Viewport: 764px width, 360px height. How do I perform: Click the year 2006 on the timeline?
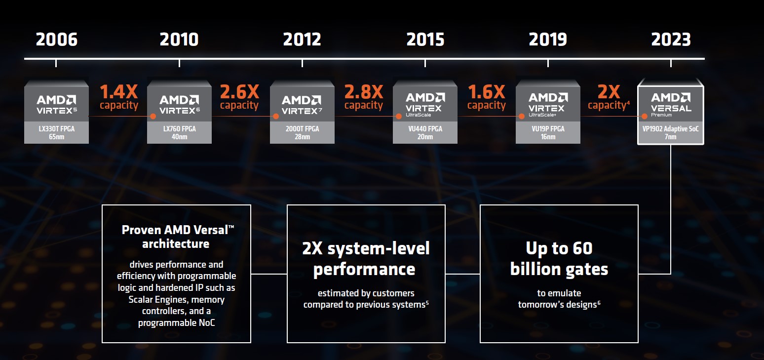pos(56,40)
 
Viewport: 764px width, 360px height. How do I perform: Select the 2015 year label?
pos(425,40)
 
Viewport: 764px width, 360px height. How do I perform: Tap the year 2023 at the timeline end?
pos(671,40)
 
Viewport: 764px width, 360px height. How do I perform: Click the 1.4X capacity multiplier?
pos(119,91)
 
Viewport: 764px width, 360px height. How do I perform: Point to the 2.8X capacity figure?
pos(364,91)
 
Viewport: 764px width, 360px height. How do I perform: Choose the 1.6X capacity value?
pos(487,91)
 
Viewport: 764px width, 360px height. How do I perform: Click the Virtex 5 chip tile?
pos(56,101)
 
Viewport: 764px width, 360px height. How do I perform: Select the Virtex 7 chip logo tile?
pos(302,101)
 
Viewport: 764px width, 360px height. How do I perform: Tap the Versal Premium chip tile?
pos(671,101)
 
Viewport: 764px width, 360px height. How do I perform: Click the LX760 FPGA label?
pos(179,129)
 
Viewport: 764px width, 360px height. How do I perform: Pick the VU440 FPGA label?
pos(425,129)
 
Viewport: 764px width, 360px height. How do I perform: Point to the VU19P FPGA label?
pos(548,129)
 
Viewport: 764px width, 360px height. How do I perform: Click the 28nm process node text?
pos(302,137)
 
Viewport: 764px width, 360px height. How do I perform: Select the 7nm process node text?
pos(671,137)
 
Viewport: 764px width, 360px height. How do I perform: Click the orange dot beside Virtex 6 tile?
pos(153,117)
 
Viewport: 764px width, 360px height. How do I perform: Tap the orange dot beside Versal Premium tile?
pos(644,117)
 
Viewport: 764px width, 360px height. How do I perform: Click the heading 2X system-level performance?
pos(366,259)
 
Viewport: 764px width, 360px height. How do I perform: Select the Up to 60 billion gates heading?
pos(559,259)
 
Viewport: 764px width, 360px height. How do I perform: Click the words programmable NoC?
pos(176,323)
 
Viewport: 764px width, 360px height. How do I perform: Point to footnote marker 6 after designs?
pos(599,302)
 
